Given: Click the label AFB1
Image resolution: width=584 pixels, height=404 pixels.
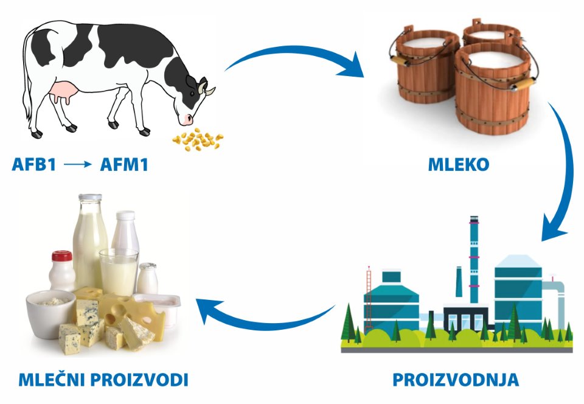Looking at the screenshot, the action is [34, 164].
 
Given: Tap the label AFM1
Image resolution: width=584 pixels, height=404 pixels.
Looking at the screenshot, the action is [124, 164].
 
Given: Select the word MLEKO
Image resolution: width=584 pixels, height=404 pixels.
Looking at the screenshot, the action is [459, 164].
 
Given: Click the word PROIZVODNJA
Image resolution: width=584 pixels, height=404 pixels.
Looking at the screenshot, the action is [456, 380].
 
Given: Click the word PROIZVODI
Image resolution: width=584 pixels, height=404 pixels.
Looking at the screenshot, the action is [139, 380].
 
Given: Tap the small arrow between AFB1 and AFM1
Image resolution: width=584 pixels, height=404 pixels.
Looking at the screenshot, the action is [78, 164].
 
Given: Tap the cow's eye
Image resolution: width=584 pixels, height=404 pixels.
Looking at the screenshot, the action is [192, 93].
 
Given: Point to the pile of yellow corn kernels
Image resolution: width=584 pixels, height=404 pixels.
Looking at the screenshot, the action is [198, 139].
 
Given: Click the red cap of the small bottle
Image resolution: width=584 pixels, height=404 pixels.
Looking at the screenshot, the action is [62, 256].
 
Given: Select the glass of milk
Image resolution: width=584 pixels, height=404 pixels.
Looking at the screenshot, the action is [119, 272].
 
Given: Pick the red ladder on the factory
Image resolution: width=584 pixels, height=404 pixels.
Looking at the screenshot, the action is [369, 299].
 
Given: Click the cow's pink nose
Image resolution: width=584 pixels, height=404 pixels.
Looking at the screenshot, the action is [187, 119].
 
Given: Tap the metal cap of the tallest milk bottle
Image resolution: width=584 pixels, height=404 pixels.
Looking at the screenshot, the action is [90, 197].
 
